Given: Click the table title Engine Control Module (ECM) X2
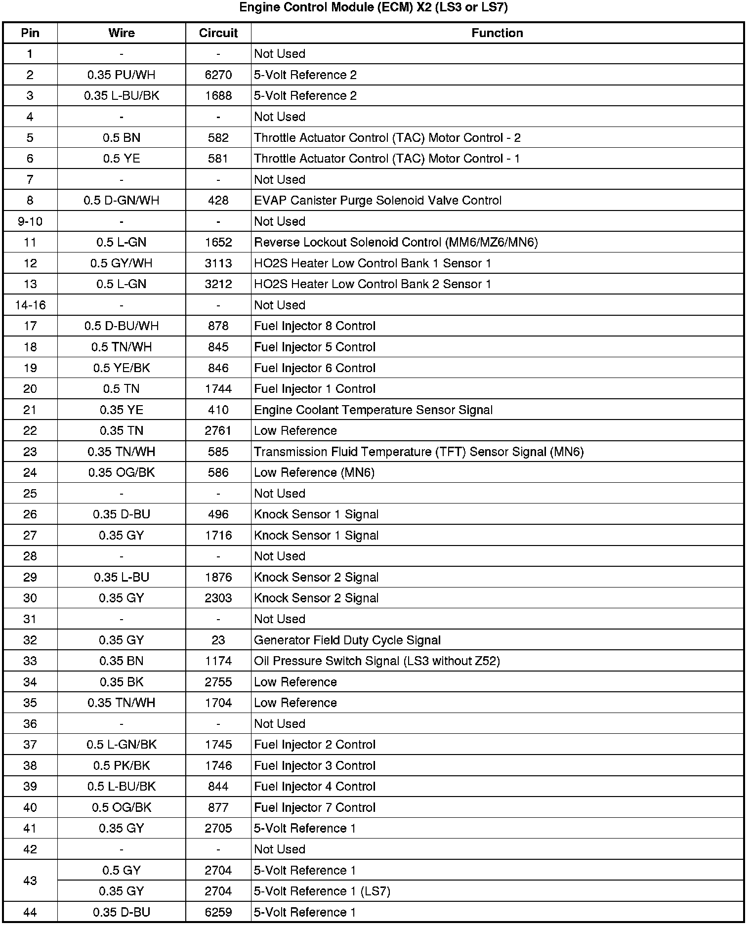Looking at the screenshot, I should click(374, 8).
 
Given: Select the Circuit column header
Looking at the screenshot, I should click(218, 33).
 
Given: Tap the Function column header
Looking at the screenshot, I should click(497, 33).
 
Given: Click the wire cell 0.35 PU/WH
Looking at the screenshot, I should click(121, 75).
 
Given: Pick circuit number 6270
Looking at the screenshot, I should click(218, 75).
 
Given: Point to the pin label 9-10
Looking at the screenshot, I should click(30, 221).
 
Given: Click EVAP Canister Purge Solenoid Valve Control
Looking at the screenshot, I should click(377, 201).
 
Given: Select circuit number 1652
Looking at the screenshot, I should click(218, 242).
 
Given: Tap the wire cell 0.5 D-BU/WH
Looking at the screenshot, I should click(121, 326).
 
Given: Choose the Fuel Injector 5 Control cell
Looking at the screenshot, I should click(315, 347).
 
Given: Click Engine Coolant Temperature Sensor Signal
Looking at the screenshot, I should click(373, 410).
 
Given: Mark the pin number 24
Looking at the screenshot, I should click(30, 472).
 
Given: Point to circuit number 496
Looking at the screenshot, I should click(218, 514).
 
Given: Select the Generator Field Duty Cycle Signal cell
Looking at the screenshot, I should click(347, 640).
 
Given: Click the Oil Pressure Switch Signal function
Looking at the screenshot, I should click(376, 661).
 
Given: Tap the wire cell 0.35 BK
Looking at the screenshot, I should click(121, 682).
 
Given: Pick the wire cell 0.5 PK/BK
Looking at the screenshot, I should click(121, 766).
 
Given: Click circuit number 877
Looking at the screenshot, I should click(218, 807).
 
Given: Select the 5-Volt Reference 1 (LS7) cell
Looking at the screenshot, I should click(322, 891).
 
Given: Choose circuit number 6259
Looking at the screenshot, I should click(218, 912).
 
